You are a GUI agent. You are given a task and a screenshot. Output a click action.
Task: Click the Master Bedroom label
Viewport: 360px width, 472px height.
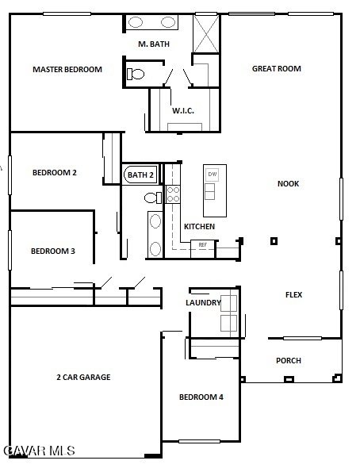[x=67, y=70]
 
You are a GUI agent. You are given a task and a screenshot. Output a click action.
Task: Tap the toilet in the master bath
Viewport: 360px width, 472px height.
[x=136, y=74]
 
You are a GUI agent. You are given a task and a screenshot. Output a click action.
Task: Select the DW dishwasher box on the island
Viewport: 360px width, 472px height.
[x=213, y=175]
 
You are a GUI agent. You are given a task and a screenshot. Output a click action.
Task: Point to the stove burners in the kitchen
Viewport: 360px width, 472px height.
[x=173, y=194]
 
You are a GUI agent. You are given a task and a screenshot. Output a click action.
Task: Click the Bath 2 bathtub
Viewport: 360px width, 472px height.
[x=140, y=175]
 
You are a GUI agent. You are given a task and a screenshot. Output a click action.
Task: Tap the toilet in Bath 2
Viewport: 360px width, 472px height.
[x=152, y=198]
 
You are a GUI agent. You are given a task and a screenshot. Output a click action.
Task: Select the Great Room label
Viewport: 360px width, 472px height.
[x=276, y=69]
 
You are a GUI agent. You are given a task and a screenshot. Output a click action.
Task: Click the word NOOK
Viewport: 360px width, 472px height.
[x=288, y=183]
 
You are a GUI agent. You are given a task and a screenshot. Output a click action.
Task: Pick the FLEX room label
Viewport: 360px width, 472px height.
[x=293, y=294]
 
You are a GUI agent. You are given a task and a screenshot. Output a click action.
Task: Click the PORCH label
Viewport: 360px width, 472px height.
[x=289, y=360]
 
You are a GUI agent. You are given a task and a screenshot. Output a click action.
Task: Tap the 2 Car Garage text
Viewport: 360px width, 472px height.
[x=83, y=377]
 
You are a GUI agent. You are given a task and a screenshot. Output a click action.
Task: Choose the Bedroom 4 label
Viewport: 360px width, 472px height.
[x=201, y=397]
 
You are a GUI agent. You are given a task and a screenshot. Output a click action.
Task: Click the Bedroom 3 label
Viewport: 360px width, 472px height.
[x=53, y=251]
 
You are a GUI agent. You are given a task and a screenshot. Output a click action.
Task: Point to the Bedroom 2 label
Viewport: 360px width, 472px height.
[x=55, y=172]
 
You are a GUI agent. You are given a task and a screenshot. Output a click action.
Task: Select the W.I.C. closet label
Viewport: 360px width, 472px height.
[x=183, y=111]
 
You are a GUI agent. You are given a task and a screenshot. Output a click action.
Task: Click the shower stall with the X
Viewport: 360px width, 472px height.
[x=206, y=33]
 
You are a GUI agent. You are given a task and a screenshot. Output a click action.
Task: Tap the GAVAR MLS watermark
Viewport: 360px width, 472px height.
[x=39, y=451]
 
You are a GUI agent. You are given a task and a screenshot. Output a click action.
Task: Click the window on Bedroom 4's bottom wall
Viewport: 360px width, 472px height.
[x=200, y=441]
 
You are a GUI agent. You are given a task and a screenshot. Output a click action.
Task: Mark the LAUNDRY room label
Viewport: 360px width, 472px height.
[x=203, y=302]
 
